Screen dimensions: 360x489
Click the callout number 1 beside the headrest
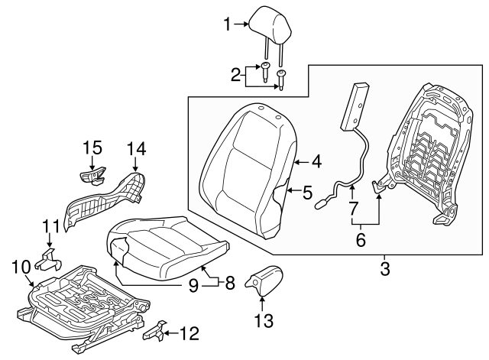(x=227, y=25)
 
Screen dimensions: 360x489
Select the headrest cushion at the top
(x=266, y=21)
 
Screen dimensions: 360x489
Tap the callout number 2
(x=236, y=74)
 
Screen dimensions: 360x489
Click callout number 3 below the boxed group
(x=384, y=268)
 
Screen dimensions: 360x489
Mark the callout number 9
(x=194, y=285)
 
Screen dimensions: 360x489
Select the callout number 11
(x=50, y=225)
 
